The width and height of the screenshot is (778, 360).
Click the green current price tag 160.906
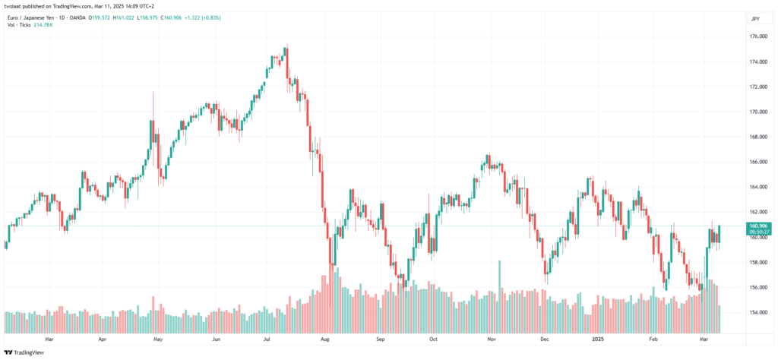(x=757, y=226)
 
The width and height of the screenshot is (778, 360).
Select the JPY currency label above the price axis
(x=754, y=18)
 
